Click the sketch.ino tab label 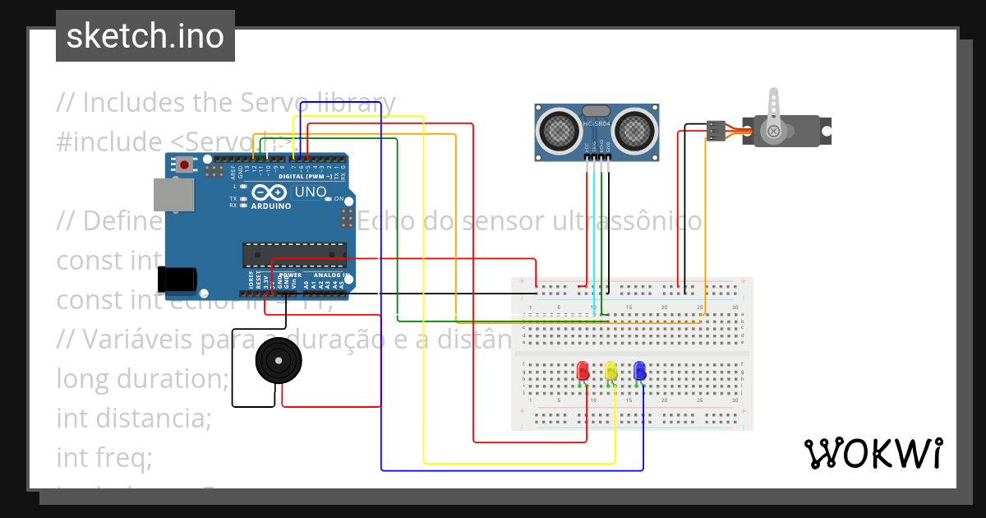[145, 36]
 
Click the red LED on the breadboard [583, 370]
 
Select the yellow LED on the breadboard [610, 371]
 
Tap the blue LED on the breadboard [639, 371]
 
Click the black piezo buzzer [278, 360]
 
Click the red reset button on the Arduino [185, 164]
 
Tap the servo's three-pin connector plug [716, 130]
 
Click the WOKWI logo [873, 453]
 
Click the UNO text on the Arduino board [310, 192]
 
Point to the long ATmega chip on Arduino [294, 255]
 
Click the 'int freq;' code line [104, 457]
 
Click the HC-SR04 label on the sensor [596, 124]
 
